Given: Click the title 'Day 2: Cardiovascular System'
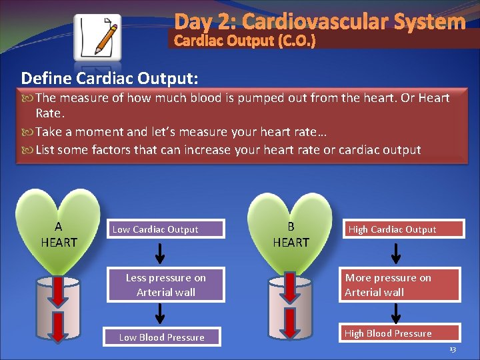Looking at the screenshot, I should point(320,21).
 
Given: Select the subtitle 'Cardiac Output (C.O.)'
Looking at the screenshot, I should point(245,41).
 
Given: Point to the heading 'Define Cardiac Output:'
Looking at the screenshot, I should point(109,78).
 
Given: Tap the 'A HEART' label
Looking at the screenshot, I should point(59,235).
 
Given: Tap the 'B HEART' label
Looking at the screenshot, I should point(291,235).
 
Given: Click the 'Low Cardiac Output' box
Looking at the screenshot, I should point(166,229).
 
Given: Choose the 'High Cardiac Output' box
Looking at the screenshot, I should point(399,229).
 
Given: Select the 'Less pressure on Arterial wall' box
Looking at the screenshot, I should point(166,285).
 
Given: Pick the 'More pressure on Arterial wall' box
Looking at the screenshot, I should point(399,285).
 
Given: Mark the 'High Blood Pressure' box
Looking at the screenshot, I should point(399,333).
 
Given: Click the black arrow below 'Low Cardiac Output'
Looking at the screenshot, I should point(161,253).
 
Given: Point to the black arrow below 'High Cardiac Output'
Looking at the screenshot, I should point(396,253).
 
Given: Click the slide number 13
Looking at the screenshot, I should point(453,349).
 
